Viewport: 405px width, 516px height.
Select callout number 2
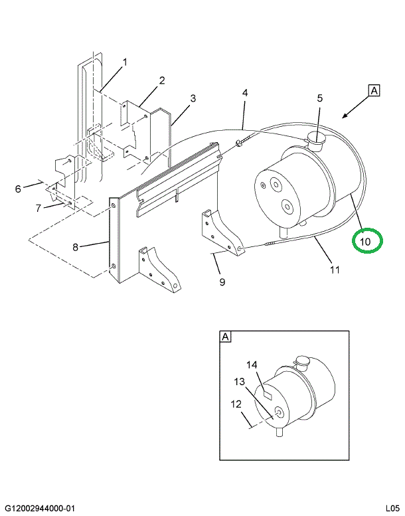tap(161, 81)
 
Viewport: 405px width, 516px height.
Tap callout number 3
tap(193, 99)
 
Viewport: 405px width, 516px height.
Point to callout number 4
tap(245, 93)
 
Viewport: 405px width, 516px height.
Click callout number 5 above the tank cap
tap(319, 98)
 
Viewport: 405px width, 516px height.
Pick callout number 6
tap(19, 189)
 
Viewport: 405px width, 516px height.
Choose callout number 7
tap(39, 208)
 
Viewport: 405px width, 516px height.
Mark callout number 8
tap(76, 247)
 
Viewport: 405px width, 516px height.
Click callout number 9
tap(222, 282)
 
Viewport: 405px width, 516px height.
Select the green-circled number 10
tap(366, 240)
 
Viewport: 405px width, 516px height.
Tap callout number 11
tap(335, 270)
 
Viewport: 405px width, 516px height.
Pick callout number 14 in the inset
tap(252, 365)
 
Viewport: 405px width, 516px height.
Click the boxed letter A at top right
tap(374, 91)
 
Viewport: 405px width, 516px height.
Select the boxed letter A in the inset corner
tap(225, 338)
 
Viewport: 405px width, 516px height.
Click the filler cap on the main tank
tap(315, 140)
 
